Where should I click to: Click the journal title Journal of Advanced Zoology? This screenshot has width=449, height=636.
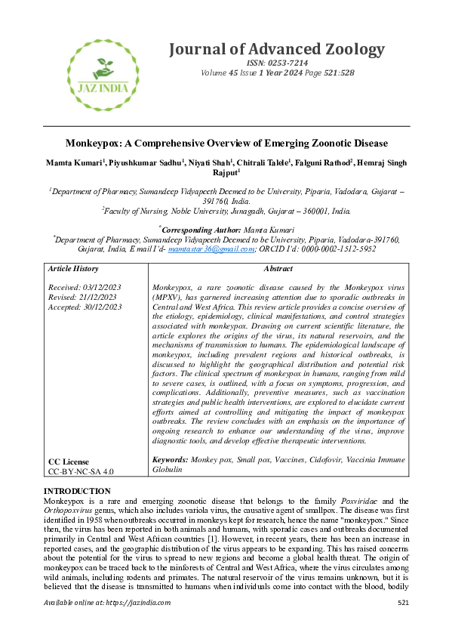276,49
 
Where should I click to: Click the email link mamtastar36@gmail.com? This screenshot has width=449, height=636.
210,248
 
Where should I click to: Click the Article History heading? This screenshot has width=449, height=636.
72,269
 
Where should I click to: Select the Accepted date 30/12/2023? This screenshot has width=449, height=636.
102,307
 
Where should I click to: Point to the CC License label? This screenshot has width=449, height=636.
68,461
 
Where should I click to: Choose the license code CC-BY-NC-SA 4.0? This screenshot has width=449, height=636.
81,471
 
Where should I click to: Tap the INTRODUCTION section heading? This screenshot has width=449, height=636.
78,492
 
